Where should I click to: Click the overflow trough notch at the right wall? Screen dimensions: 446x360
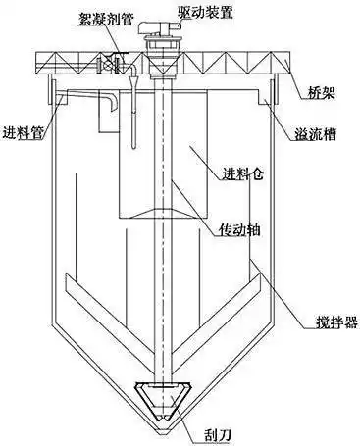click(x=262, y=98)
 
